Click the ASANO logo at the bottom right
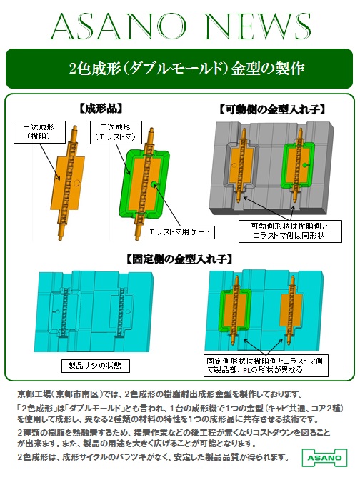tap(324, 458)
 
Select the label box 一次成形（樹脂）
tap(39, 132)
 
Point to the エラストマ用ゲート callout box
tap(180, 232)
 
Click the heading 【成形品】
tap(101, 109)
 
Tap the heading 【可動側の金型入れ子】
tap(272, 109)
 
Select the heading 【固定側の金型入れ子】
tap(179, 259)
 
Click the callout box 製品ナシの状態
tap(96, 366)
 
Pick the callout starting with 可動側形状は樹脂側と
tap(290, 231)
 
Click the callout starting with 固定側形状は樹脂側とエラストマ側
tap(266, 366)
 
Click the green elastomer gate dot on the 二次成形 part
tap(154, 184)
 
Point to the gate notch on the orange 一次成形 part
tap(77, 183)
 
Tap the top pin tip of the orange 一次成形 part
tap(75, 126)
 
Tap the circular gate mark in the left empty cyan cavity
tap(58, 311)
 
